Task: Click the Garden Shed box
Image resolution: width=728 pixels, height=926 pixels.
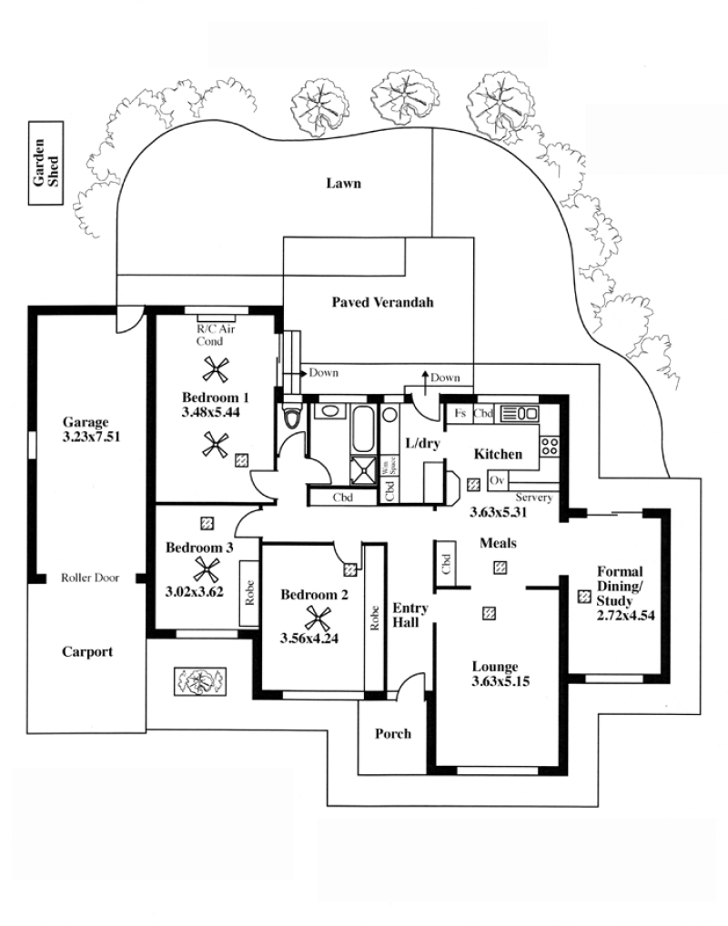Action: tap(46, 163)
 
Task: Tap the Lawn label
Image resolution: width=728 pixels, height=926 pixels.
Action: tap(343, 183)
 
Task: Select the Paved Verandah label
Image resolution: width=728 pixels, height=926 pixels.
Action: tap(382, 302)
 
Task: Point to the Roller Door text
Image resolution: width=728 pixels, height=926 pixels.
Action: tap(90, 578)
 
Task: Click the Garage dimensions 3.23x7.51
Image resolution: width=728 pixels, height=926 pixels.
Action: tap(91, 437)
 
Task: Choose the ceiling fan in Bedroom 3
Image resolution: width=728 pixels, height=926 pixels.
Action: tap(207, 570)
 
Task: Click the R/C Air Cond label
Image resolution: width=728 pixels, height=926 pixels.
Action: tap(216, 335)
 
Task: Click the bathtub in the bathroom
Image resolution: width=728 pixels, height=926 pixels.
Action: tap(363, 428)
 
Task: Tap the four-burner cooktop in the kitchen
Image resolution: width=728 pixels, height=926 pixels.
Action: tap(550, 446)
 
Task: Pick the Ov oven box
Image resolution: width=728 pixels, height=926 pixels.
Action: tap(497, 480)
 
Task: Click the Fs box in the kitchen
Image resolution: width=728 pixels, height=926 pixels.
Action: tap(460, 413)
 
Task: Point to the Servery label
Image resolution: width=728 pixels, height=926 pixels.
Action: tap(533, 498)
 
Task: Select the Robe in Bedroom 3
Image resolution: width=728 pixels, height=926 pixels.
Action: tap(248, 592)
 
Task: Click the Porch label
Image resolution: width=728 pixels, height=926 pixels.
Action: tap(393, 733)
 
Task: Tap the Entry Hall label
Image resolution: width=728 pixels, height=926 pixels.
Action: tap(410, 615)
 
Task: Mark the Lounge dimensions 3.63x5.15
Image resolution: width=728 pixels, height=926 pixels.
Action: tap(500, 681)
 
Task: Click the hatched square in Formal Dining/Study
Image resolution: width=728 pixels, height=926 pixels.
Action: tap(584, 597)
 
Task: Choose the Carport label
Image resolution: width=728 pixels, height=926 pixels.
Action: tap(87, 652)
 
